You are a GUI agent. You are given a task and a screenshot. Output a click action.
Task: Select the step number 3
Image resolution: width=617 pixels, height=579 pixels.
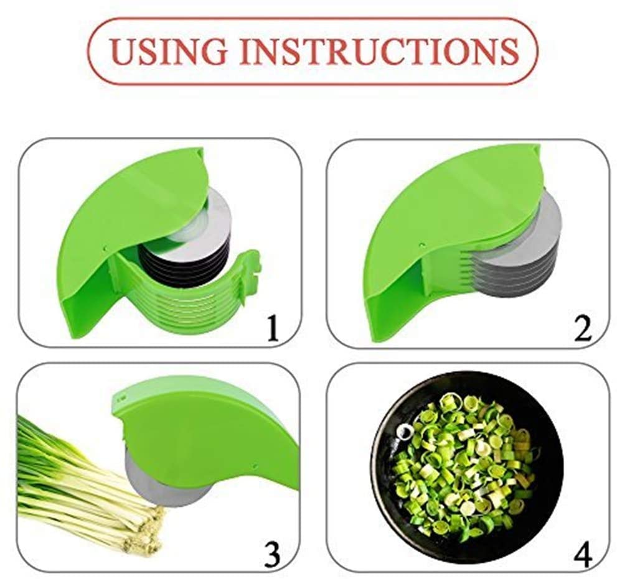271,553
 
